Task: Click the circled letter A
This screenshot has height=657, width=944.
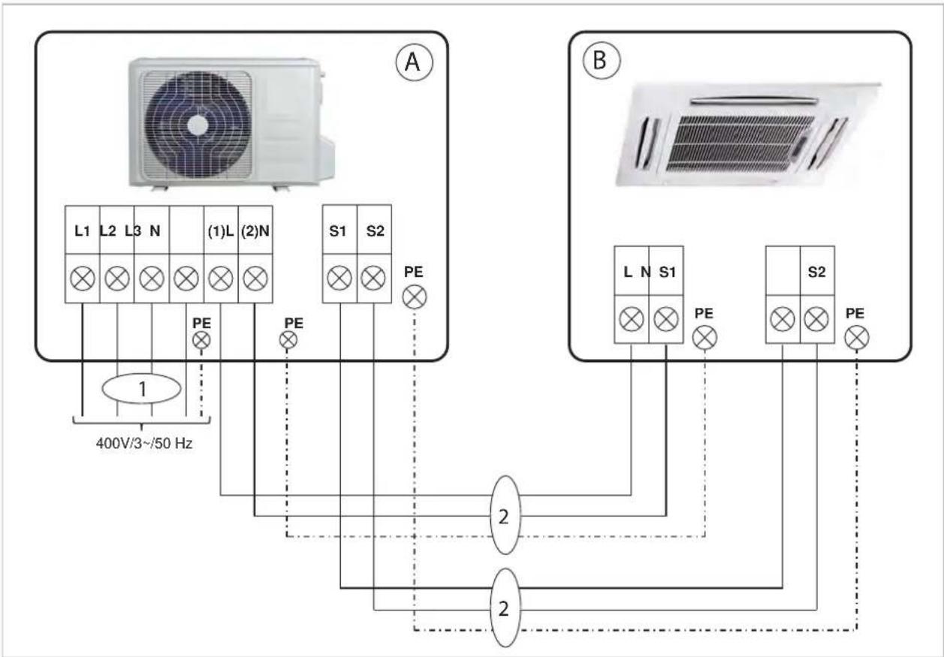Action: tap(414, 62)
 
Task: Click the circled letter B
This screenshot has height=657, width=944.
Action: tap(601, 60)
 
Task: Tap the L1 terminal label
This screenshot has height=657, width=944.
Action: tap(82, 231)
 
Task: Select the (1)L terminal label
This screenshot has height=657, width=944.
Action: tap(221, 231)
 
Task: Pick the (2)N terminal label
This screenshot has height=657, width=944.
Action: tap(255, 231)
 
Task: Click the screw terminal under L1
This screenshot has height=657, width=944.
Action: tap(82, 279)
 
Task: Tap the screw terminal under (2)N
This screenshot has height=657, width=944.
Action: tap(255, 279)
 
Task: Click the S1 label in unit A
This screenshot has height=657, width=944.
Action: tap(337, 231)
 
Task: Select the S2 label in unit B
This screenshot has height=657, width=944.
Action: tap(816, 273)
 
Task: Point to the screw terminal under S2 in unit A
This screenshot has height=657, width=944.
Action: tap(373, 279)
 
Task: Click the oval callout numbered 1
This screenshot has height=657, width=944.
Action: tap(142, 388)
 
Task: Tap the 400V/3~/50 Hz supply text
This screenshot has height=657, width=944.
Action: tap(144, 443)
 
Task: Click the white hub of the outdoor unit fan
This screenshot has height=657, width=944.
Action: tap(198, 125)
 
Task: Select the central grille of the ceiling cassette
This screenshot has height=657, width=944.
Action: tap(740, 143)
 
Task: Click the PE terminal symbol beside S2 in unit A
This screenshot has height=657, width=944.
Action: tap(415, 297)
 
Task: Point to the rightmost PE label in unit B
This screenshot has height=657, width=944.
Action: tap(855, 313)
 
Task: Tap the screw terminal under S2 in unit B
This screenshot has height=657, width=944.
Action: tap(816, 319)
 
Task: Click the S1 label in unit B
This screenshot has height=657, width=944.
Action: tap(667, 273)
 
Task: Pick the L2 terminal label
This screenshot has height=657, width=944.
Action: tap(108, 231)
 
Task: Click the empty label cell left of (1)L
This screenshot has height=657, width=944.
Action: tap(187, 230)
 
